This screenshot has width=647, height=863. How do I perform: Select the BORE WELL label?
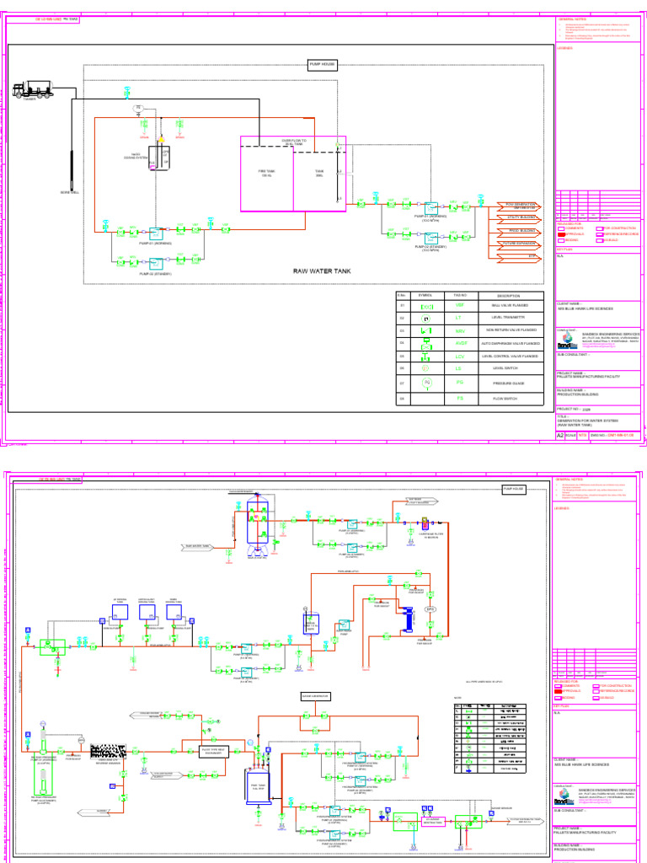coord(70,193)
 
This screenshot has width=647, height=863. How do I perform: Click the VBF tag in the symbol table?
coord(460,306)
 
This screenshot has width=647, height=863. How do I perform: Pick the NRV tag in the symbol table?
coord(460,331)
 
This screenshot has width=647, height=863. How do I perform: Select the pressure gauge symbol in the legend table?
coord(426,383)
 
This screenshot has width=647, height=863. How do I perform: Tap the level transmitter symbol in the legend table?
coord(426,319)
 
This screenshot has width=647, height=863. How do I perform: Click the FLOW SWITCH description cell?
coord(509,397)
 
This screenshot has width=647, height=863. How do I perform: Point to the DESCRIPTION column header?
coord(509,296)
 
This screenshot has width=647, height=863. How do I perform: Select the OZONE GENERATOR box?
coord(316,696)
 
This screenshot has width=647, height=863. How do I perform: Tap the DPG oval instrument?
coord(429,608)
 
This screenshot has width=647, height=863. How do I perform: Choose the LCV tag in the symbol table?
coord(460,356)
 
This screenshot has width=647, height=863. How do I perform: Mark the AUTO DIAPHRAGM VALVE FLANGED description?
coord(509,344)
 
